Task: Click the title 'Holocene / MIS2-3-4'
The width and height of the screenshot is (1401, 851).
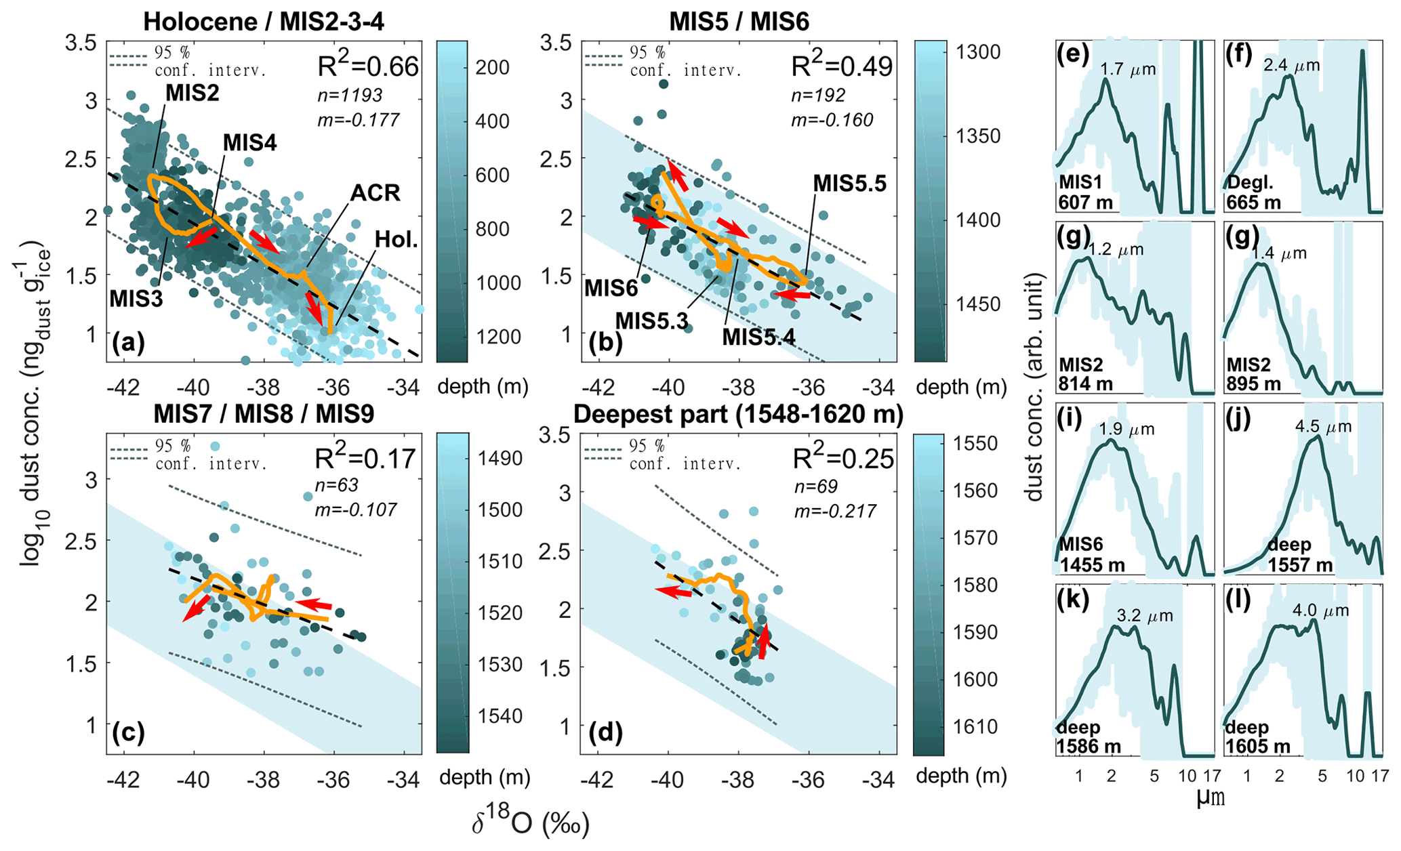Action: click(x=264, y=22)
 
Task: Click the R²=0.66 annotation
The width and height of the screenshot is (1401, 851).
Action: click(x=368, y=66)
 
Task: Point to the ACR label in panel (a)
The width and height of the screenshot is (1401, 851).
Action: click(x=375, y=193)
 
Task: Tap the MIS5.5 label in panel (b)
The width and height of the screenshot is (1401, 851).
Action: click(x=849, y=184)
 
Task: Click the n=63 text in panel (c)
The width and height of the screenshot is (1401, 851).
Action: click(x=338, y=485)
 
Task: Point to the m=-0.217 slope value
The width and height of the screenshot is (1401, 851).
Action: click(x=835, y=510)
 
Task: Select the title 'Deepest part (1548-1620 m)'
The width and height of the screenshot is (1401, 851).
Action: click(x=738, y=415)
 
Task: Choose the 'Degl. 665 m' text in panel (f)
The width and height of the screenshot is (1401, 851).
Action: click(x=1253, y=193)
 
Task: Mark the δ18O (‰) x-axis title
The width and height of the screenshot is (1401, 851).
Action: click(x=531, y=824)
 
